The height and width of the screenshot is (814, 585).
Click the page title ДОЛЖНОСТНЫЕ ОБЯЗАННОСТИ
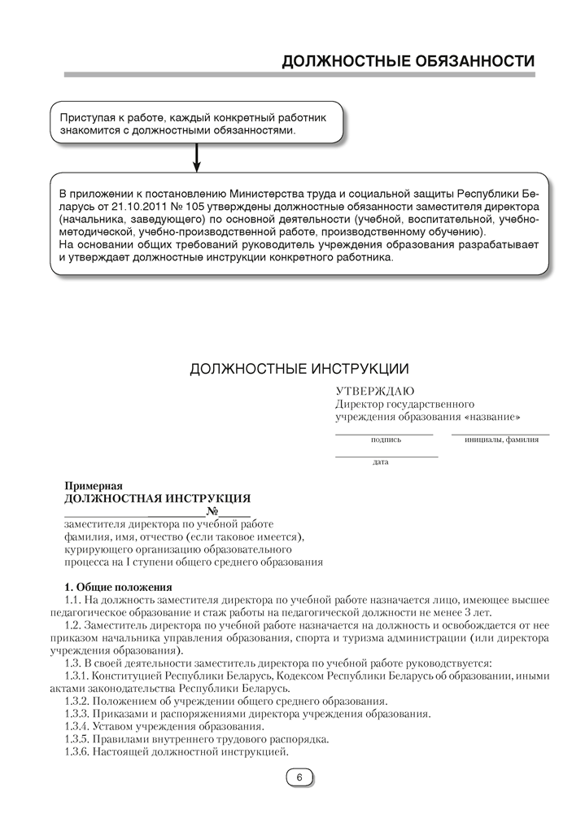[408, 61]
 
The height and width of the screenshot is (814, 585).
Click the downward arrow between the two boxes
[196, 158]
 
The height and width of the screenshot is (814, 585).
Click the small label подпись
[386, 440]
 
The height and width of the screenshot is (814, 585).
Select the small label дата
[380, 462]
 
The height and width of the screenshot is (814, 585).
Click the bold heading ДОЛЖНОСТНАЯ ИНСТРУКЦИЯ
[157, 498]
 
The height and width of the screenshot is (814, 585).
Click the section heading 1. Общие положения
[118, 587]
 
